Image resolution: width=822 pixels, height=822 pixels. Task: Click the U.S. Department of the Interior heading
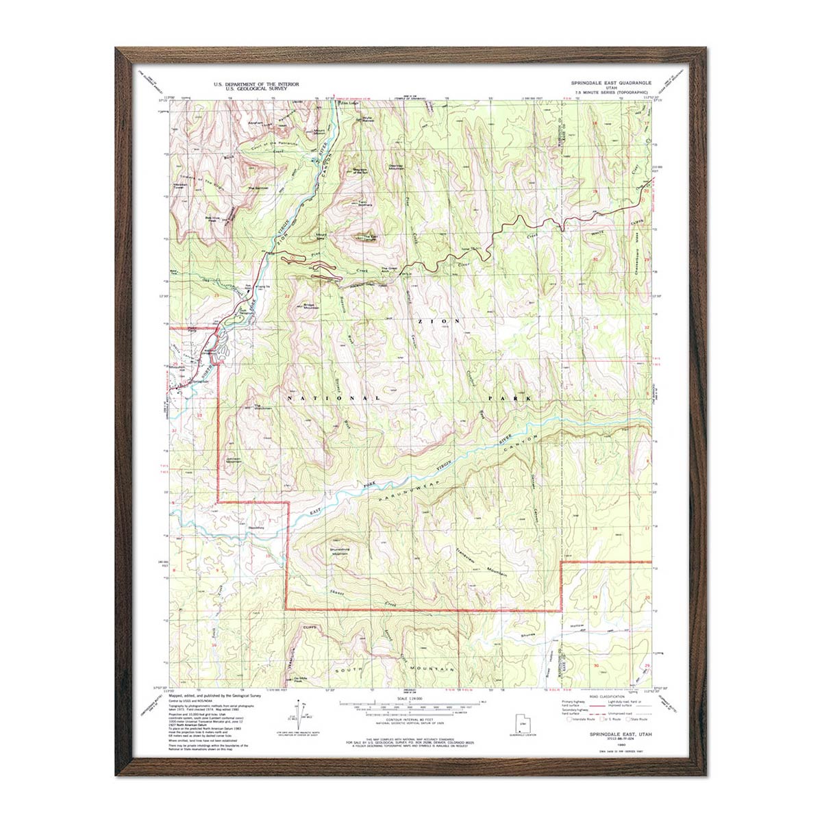[257, 84]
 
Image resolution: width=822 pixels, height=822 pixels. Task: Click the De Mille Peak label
[299, 679]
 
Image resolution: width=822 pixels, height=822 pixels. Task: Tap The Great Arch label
[388, 269]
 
